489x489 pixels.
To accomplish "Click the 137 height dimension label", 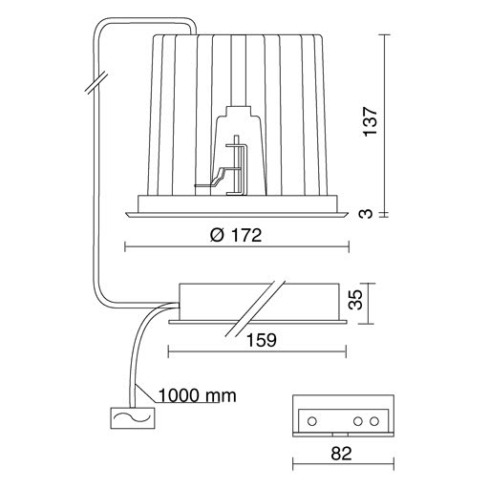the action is (371, 121).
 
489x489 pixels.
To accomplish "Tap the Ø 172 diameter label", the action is (236, 235).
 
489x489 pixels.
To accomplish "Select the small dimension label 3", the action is (366, 213).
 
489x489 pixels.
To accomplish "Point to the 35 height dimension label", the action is (355, 299).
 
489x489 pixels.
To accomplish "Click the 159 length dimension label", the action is (262, 340).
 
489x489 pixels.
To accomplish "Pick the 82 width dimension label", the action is (341, 454).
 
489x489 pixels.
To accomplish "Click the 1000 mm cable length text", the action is (197, 395).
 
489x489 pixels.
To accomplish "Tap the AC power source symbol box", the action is (133, 417).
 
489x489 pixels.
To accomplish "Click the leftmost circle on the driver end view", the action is (312, 421).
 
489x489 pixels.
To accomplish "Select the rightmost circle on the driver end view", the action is (374, 421).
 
